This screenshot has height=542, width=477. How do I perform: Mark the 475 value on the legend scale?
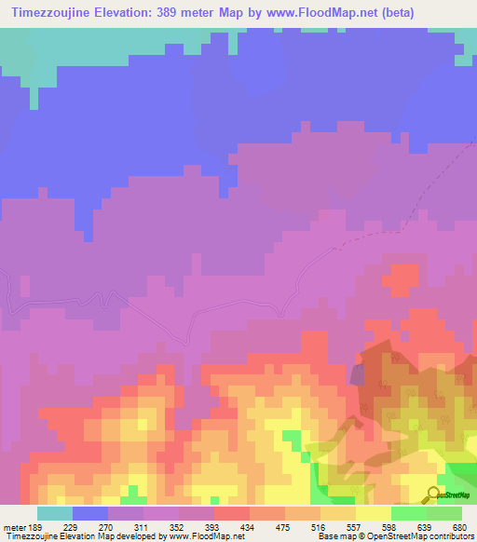coord(286,526)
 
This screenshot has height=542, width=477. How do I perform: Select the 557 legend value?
coord(357,526)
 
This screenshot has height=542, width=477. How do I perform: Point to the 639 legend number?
coord(427,526)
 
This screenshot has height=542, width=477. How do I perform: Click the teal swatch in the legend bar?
coord(55,513)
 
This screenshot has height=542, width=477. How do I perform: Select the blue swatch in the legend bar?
coord(90,513)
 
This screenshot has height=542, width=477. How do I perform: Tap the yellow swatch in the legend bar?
coord(374,513)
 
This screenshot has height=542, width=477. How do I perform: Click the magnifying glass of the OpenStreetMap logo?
coord(433,494)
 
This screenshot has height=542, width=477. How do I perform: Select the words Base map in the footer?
coord(330,537)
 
